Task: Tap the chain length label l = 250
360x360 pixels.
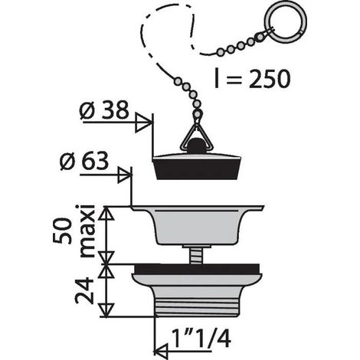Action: (252, 78)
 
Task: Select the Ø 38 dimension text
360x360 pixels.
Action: (103, 110)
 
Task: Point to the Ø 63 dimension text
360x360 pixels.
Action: (84, 161)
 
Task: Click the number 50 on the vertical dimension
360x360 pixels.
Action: (62, 231)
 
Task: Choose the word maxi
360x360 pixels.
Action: (87, 231)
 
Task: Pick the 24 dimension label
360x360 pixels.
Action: (84, 290)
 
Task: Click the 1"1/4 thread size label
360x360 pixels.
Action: (201, 339)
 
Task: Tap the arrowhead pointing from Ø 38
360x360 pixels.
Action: (143, 123)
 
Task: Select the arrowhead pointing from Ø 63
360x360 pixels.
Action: (125, 175)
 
